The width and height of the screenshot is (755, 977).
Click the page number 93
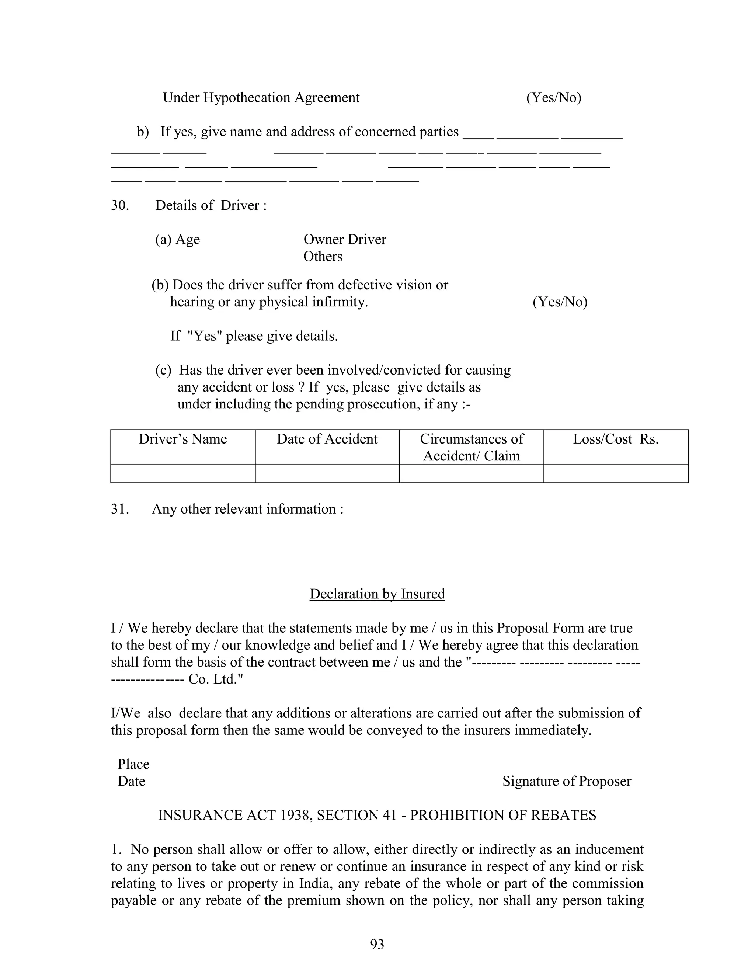[377, 944]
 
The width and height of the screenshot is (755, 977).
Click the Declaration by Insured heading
[377, 594]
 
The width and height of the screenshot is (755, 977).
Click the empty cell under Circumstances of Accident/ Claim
[471, 474]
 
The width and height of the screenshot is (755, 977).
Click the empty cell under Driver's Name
[182, 474]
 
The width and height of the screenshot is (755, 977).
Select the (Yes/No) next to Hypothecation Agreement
[553, 98]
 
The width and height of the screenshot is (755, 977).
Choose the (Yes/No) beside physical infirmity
[560, 302]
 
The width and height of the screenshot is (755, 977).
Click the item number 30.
[119, 206]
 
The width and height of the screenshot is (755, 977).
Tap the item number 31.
[119, 509]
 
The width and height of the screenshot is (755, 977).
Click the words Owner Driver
[344, 240]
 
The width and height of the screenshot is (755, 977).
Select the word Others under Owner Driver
[323, 257]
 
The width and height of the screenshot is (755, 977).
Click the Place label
[133, 764]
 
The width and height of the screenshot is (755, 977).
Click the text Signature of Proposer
[566, 781]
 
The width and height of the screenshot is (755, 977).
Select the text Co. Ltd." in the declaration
[216, 679]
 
